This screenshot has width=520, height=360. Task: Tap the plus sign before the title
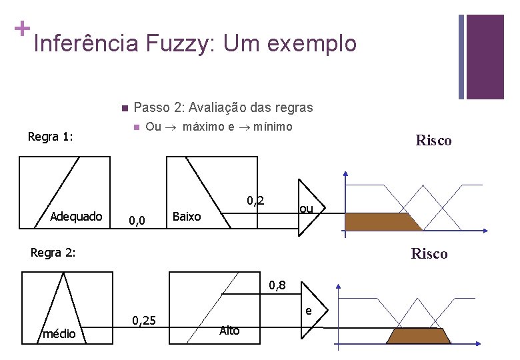pyautogui.click(x=21, y=29)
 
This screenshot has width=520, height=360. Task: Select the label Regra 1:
pyautogui.click(x=50, y=137)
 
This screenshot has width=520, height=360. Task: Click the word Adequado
pyautogui.click(x=76, y=216)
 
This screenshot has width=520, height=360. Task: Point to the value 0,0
pyautogui.click(x=137, y=218)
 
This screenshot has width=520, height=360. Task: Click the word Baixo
pyautogui.click(x=187, y=216)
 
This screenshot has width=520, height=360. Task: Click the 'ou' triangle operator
pyautogui.click(x=307, y=209)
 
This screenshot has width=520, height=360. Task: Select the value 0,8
pyautogui.click(x=278, y=286)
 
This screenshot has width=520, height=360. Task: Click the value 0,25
pyautogui.click(x=145, y=321)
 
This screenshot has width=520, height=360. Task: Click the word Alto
pyautogui.click(x=229, y=331)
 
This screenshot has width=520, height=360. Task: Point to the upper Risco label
pyautogui.click(x=433, y=140)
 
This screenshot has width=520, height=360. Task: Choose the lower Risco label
pyautogui.click(x=429, y=253)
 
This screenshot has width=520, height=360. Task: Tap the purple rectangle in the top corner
pyautogui.click(x=485, y=56)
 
